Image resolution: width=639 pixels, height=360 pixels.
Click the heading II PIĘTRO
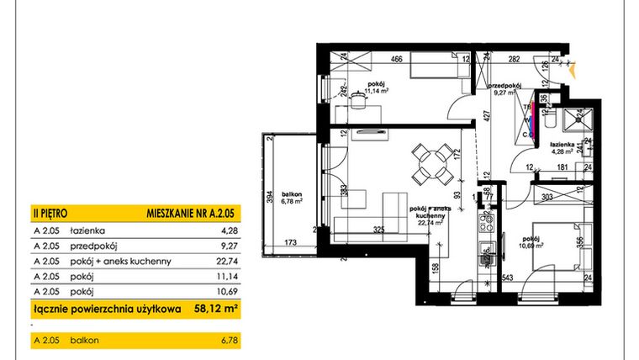pyautogui.click(x=50, y=214)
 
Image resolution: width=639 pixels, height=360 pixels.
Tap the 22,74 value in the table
pyautogui.click(x=228, y=261)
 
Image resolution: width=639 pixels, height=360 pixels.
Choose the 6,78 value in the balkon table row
pyautogui.click(x=228, y=340)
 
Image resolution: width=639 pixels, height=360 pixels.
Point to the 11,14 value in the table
pyautogui.click(x=228, y=277)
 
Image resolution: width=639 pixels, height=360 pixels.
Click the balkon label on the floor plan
pyautogui.click(x=292, y=195)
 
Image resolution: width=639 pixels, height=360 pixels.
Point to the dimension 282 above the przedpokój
pyautogui.click(x=513, y=60)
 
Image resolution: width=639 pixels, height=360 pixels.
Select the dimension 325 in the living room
pyautogui.click(x=379, y=229)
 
